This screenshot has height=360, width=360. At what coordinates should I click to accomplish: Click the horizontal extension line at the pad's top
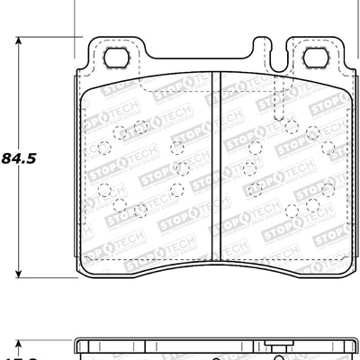[45, 39]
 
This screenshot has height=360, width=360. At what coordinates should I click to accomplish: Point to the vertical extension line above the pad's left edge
[72, 18]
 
